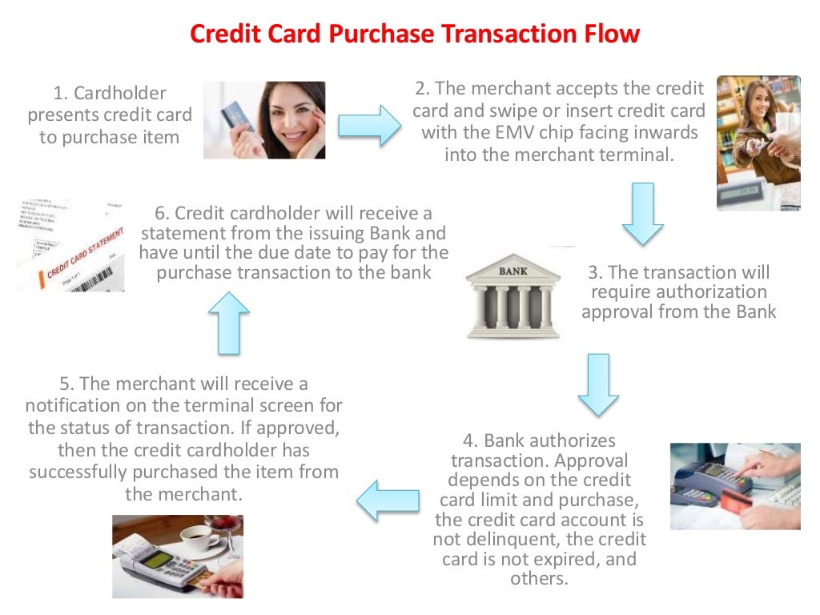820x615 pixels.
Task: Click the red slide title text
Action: (414, 34)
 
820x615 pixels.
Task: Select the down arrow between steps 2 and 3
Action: (642, 213)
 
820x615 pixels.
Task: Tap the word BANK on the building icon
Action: (513, 271)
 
